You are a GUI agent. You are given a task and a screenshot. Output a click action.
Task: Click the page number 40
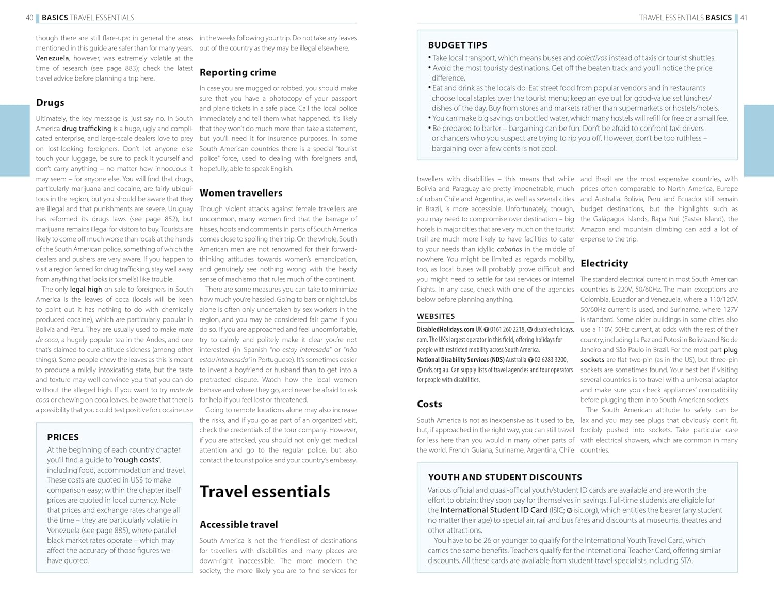[x=29, y=18]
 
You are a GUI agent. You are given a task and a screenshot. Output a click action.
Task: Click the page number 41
[x=744, y=18]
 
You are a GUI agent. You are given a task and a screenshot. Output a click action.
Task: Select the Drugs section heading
[x=50, y=103]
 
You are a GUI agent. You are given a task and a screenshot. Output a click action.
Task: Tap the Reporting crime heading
[x=237, y=73]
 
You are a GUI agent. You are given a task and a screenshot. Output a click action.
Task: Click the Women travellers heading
[x=240, y=193]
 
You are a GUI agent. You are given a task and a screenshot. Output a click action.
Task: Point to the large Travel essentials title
[x=265, y=492]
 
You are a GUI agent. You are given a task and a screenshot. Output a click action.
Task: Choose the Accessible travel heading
[x=238, y=525]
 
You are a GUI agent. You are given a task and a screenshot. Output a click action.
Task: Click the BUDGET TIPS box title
[x=457, y=45]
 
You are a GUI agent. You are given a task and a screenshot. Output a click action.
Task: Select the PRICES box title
[x=63, y=437]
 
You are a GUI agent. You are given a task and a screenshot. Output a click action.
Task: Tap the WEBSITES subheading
[x=436, y=316]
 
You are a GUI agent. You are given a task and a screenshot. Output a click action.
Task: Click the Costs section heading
[x=429, y=404]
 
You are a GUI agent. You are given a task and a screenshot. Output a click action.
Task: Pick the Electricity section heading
[x=604, y=263]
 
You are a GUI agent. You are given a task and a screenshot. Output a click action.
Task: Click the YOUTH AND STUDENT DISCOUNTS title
[x=505, y=478]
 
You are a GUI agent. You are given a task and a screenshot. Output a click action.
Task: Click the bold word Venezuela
[x=52, y=58]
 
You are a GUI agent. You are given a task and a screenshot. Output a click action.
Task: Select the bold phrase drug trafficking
[x=86, y=129]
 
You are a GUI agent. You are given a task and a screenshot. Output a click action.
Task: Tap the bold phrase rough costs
[x=137, y=460]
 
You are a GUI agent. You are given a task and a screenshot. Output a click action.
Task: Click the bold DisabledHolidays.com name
[x=445, y=329]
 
